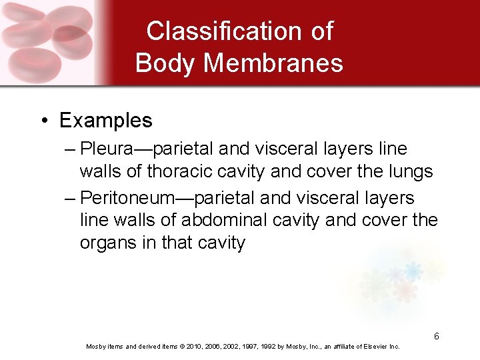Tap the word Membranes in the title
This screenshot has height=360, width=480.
[x=273, y=63]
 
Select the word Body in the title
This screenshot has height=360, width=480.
[x=166, y=63]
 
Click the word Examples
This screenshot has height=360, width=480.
[x=105, y=121]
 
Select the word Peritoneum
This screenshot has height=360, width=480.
[x=127, y=198]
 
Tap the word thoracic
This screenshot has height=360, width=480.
[x=183, y=171]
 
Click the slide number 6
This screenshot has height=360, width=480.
[x=436, y=336]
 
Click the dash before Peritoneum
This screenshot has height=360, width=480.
[x=71, y=198]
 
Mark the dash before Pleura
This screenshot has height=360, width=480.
[x=71, y=149]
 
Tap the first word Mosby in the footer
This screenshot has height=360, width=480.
[x=96, y=347]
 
